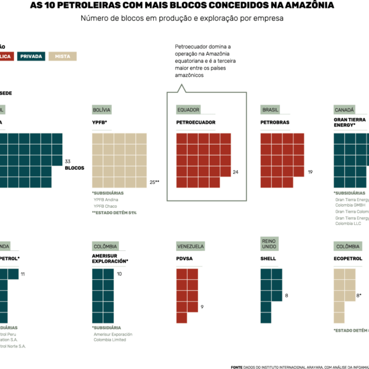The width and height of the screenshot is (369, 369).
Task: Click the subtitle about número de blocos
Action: [182, 18]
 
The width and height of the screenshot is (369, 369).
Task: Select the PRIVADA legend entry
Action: [31, 56]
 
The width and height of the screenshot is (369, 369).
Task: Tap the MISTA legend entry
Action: [62, 56]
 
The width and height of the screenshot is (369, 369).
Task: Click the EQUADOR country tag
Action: [188, 109]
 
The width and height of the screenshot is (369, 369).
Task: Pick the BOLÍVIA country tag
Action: [101, 109]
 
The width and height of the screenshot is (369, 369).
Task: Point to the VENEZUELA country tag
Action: [191, 246]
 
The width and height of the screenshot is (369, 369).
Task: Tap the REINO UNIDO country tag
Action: [269, 244]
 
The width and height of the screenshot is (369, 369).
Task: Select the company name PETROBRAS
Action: [275, 122]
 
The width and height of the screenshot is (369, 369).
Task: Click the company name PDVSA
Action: [184, 259]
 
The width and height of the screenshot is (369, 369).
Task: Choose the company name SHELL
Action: [268, 259]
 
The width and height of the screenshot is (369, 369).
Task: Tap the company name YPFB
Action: [100, 122]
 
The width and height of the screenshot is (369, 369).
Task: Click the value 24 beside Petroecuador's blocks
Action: [236, 172]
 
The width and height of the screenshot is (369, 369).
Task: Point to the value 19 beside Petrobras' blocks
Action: [311, 172]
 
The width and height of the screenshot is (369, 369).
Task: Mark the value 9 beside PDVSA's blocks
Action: [202, 306]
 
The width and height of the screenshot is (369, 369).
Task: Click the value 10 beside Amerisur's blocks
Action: [119, 274]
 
